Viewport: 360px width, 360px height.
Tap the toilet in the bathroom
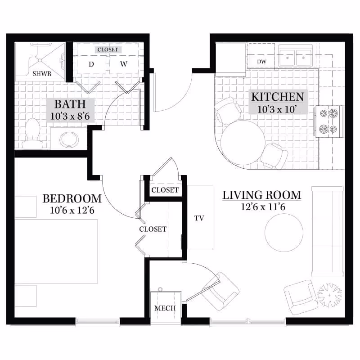(x=32, y=134)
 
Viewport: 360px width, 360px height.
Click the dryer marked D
(x=91, y=64)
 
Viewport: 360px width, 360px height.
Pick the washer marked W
(x=123, y=64)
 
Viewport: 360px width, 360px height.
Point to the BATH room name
(x=70, y=104)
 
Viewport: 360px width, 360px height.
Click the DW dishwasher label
(x=261, y=61)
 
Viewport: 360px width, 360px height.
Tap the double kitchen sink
(x=296, y=58)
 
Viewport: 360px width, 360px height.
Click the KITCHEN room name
(x=277, y=96)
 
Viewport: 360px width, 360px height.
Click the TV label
(x=199, y=218)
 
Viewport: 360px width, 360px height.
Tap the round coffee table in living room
(x=283, y=233)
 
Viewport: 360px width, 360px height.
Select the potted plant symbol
(x=329, y=294)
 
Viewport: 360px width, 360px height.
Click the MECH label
(x=165, y=308)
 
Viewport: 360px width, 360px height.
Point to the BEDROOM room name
(x=72, y=198)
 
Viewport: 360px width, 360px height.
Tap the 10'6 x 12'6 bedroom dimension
(x=72, y=210)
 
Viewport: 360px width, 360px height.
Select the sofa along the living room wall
(x=327, y=230)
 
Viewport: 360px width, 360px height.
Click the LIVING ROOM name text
(x=261, y=195)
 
